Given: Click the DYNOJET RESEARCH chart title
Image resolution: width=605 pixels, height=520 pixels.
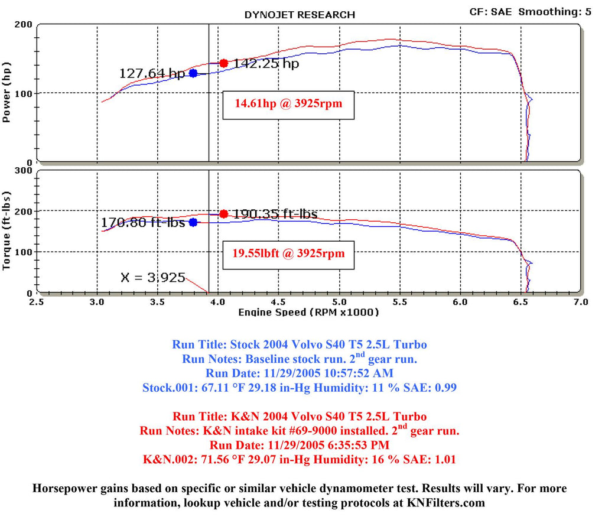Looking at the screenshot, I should coord(300,14).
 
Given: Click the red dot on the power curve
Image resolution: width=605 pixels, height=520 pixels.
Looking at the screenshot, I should coord(223,63).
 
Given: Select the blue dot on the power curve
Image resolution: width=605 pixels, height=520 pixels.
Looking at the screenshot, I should coord(193,73).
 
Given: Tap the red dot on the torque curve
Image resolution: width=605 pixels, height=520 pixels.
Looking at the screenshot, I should coord(223,214).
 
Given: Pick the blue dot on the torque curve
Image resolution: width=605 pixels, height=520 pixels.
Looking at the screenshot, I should coord(193,223).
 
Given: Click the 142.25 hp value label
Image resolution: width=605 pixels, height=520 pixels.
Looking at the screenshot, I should coord(266,63).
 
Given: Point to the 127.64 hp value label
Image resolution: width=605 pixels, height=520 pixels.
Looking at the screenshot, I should coord(152,73).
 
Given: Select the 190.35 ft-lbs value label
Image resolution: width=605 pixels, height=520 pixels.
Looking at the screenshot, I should coord(275,213).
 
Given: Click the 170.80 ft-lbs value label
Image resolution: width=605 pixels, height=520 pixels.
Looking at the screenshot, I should coord(142,223).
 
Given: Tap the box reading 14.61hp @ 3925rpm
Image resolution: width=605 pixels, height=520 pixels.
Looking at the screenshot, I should coord(288,105).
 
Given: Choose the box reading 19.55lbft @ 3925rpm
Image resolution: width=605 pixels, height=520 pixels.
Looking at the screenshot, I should coord(288,255).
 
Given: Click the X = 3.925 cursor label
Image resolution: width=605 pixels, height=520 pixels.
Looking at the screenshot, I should coord(153,277).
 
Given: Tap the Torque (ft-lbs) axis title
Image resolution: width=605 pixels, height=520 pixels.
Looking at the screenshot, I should coord(8,231).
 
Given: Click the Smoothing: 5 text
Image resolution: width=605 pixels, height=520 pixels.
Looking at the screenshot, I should coord(555,11).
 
